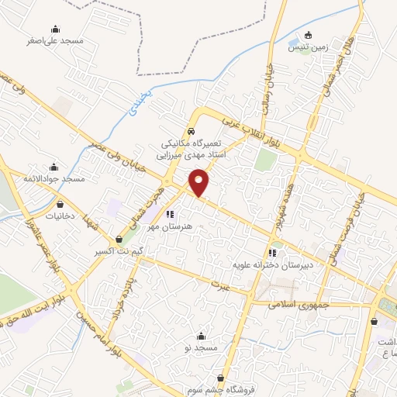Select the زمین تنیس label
309,47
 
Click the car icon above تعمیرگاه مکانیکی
192,132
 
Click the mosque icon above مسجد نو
202,336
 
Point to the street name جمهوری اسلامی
295,305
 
